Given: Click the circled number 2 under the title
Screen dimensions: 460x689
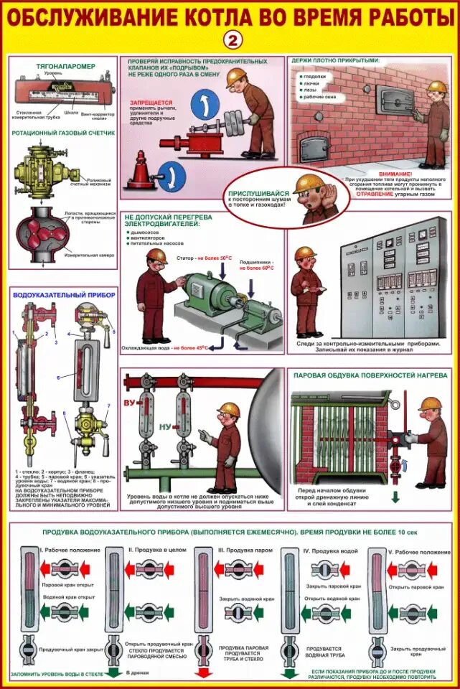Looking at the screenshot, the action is tap(230, 38).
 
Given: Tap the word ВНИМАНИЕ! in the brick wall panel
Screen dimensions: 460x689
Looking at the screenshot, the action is tap(396, 174).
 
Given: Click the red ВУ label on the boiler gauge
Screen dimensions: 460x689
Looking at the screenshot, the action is tap(131, 402).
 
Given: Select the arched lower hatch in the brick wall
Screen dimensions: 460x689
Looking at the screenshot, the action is tap(314, 149).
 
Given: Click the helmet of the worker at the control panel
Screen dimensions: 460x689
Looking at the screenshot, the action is tap(305, 253).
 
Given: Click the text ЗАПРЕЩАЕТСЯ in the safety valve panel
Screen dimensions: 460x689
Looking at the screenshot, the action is tap(151, 103).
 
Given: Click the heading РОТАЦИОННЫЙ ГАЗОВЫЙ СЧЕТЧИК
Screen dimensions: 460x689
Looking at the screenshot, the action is tap(63, 133).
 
